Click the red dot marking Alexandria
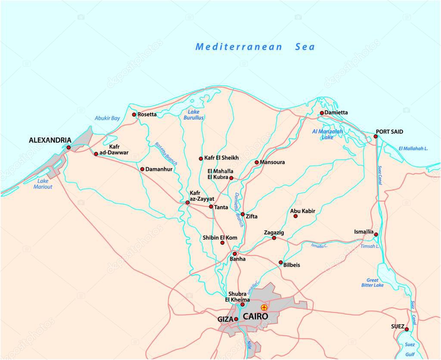tap(68, 147)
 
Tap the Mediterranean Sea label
tap(255, 47)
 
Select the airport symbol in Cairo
tap(264, 307)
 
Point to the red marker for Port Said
tap(376, 136)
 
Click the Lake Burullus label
tap(194, 115)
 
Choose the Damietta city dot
tap(322, 113)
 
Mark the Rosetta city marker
tap(134, 115)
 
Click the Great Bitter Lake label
tap(372, 283)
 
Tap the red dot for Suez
tap(407, 329)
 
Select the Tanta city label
tap(221, 207)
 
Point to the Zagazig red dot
tap(274, 238)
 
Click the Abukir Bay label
tap(107, 118)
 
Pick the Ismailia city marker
tap(376, 235)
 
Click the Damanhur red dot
tap(142, 169)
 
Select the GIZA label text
tap(225, 319)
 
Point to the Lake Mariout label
tap(43, 184)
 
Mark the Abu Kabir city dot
tap(295, 216)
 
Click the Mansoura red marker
tap(257, 163)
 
